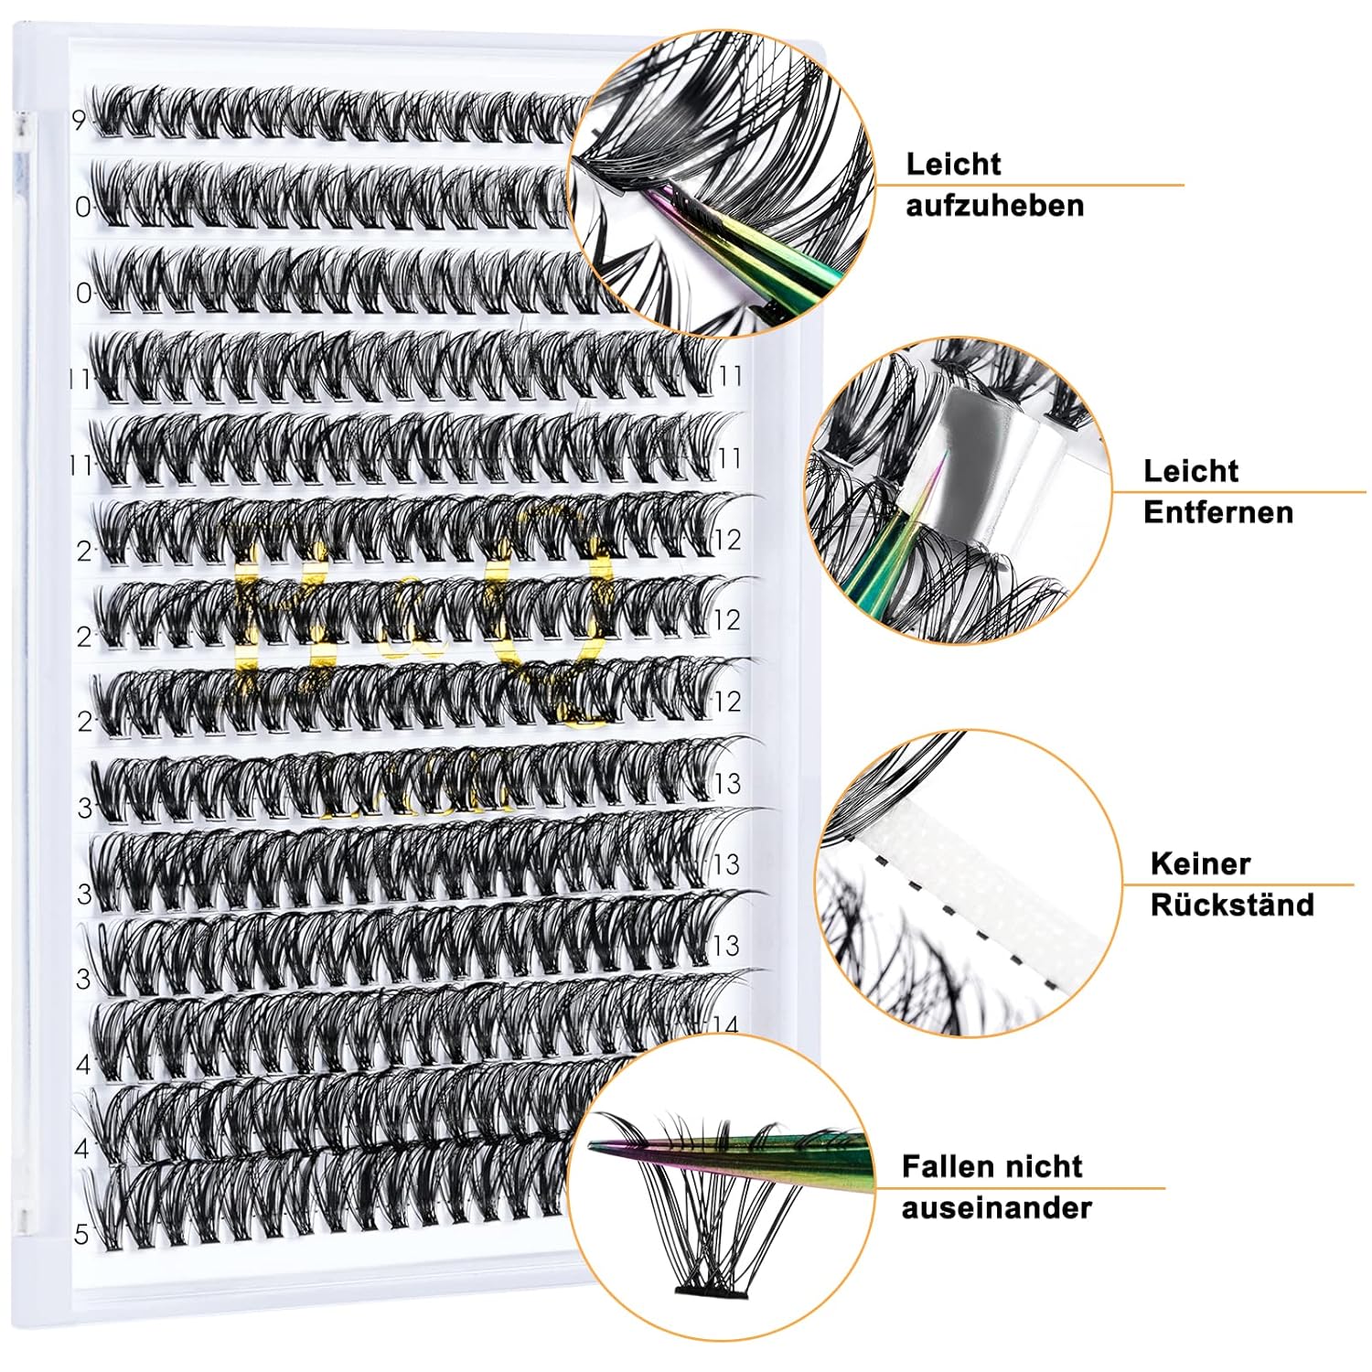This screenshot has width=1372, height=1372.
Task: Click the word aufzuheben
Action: (994, 206)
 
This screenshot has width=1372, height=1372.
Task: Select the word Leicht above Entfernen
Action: (1190, 471)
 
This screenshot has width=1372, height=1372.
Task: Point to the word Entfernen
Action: (1218, 512)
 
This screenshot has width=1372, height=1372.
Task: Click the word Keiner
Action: (1200, 863)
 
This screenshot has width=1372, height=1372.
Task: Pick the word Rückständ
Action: (1231, 905)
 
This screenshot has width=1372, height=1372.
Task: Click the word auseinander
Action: (996, 1208)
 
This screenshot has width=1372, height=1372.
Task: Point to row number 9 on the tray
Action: (80, 120)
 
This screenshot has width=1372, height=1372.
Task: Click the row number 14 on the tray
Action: (724, 1024)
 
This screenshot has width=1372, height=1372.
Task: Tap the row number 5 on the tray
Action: (81, 1235)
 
